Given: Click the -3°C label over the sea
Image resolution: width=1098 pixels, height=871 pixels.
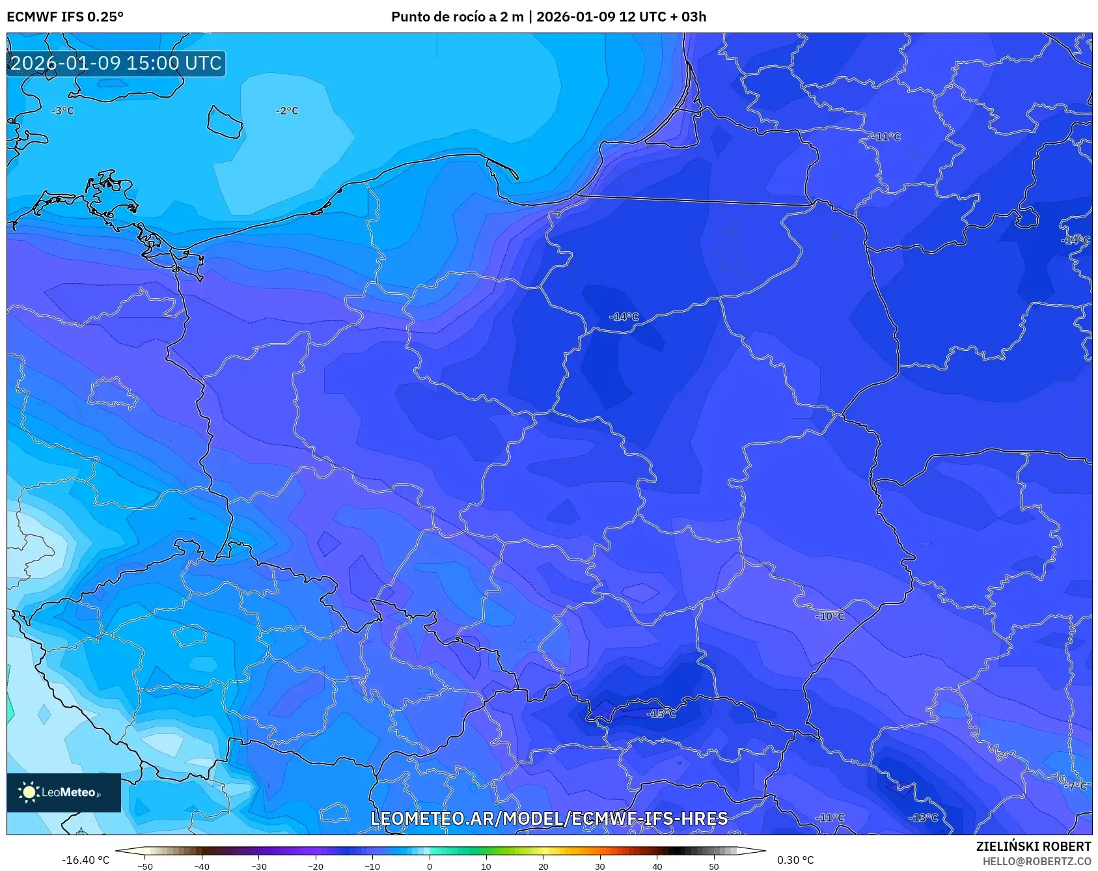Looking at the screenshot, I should coord(62,111).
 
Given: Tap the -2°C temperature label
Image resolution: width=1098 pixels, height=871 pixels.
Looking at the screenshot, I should coord(287,111).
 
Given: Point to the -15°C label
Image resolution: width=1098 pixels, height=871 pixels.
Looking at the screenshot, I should coord(661,713).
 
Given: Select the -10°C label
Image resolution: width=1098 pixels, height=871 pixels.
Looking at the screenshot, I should coord(830,616).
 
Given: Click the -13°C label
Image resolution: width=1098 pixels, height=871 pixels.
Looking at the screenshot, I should coord(924,818).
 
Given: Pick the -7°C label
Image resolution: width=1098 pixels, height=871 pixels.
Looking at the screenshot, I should coord(1075,786).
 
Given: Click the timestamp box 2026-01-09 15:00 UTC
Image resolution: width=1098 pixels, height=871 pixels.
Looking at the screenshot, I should coord(116,63).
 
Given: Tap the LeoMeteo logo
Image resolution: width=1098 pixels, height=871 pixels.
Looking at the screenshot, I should coord(63,792).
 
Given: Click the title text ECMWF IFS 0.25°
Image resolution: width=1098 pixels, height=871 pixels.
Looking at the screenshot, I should coord(65,17).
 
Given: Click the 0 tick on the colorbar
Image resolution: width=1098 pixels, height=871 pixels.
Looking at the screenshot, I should coord(429,866).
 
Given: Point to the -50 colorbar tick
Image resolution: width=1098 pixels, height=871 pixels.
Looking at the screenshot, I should coord(145,866).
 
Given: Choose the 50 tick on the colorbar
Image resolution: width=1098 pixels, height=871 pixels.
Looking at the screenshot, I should coord(713,866).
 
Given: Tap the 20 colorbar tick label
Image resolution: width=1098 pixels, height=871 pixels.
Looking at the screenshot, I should coord(543,866).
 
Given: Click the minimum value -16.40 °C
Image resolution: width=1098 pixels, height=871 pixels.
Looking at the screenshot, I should coord(85,860).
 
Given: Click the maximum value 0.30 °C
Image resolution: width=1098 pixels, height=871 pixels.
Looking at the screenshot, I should coord(795,860).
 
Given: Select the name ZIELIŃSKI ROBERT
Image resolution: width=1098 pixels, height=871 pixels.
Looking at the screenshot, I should coord(1033,846).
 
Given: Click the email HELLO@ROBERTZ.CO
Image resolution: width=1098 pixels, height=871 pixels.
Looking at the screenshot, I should coord(1036,861).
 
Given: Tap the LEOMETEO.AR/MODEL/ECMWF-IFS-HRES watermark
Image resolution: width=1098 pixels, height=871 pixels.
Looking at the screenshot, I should coord(549,818).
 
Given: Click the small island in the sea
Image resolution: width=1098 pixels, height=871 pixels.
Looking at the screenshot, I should coord(225,122).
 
